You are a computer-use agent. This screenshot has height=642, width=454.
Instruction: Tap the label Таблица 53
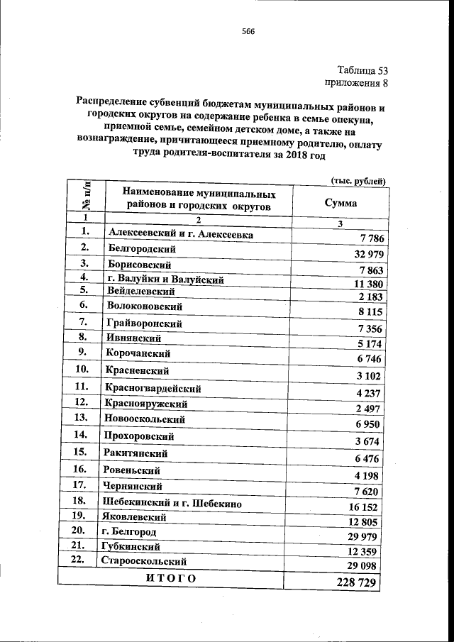(362, 70)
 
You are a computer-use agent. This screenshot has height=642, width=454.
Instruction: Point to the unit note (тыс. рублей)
(358, 181)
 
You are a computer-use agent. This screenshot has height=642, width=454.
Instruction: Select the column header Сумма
(340, 202)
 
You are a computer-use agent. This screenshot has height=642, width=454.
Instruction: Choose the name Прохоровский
(138, 436)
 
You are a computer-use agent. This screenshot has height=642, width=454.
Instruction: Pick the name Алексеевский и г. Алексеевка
(179, 233)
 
